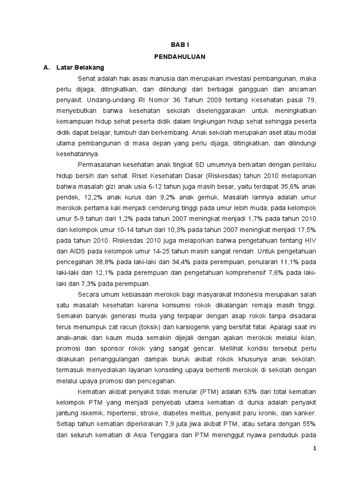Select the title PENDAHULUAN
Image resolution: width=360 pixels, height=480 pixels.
pyautogui.click(x=180, y=56)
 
